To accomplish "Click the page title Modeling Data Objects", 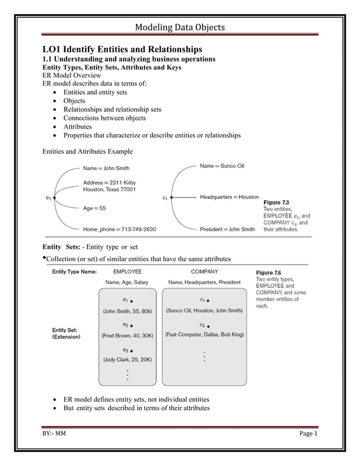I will coord(180,27).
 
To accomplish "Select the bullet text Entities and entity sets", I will coord(95,92).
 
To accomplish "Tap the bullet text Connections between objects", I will coord(104,118).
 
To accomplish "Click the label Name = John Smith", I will coord(106,168).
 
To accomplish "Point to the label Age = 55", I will coord(94,208).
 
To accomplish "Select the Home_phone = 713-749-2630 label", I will coord(119,229).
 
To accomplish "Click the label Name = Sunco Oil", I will coord(222,166).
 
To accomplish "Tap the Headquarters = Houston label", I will coord(229,197).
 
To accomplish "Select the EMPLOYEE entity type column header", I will coord(128,271).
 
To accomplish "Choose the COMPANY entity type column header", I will coord(204,271).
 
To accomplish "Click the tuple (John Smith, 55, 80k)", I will coord(127,311).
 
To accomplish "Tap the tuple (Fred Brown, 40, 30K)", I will coord(128,335).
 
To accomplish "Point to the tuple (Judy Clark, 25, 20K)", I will coord(128,359).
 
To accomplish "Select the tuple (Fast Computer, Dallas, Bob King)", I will coord(204,335).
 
